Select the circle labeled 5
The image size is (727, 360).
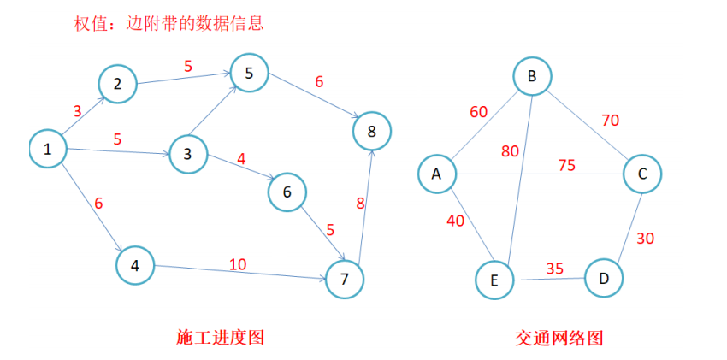pos(249,74)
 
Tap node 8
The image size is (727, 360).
pos(371,131)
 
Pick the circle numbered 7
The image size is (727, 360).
pos(345,279)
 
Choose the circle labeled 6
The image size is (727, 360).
pos(287,192)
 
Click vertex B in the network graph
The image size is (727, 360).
pos(532,77)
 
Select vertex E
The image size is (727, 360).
pos(495,280)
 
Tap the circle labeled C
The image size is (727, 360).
pos(642,174)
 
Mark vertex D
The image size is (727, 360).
pos(604,278)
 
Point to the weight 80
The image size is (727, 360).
pos(511,152)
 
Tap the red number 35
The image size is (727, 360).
pos(555,269)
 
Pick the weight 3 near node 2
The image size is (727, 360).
pos(77,110)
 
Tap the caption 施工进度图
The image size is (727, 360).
pos(220,337)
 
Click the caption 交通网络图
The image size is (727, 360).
pos(559,338)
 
